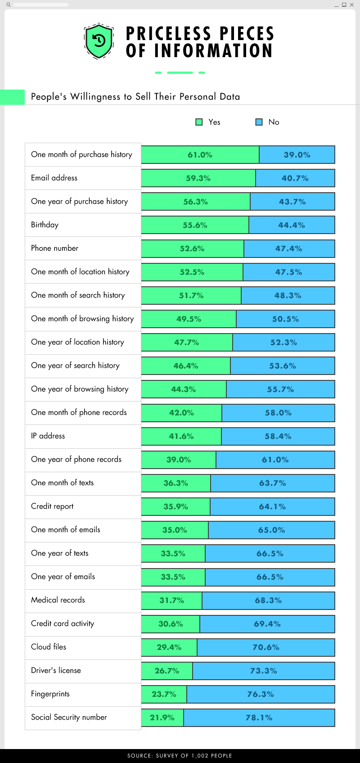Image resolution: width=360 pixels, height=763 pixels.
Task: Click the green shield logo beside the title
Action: [99, 41]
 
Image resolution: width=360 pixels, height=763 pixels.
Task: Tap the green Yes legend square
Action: [199, 122]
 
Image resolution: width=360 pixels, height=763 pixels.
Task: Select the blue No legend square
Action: [259, 122]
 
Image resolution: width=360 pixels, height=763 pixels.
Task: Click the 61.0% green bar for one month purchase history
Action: [200, 155]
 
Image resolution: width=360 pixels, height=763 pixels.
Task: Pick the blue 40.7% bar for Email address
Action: [295, 178]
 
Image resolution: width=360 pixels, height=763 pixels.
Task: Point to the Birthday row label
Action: [45, 225]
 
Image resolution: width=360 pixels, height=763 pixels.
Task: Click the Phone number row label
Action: [54, 248]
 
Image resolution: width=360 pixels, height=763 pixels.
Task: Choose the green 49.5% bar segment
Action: [189, 319]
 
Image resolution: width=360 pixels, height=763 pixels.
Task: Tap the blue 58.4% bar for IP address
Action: [278, 436]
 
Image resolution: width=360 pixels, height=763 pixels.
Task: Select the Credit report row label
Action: [52, 506]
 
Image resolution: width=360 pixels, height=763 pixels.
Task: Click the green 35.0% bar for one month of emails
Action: [175, 530]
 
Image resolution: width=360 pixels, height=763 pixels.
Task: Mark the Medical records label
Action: [58, 600]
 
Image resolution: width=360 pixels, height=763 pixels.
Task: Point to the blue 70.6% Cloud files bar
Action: [266, 647]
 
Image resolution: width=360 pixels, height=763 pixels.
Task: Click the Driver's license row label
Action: [56, 670]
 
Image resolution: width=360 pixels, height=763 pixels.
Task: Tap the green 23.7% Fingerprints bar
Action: [164, 694]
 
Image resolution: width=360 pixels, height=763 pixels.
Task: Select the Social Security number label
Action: [69, 717]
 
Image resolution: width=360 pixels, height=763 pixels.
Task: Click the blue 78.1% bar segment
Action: [259, 718]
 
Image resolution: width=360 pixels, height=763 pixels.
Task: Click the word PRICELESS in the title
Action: [169, 34]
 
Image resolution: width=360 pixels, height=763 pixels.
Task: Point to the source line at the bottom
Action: [180, 755]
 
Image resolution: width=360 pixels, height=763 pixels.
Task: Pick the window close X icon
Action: [352, 5]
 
